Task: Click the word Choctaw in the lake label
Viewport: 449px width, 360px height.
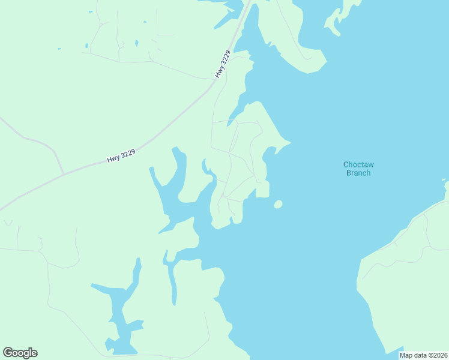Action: tap(358, 164)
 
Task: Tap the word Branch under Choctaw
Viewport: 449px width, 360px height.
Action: tap(358, 173)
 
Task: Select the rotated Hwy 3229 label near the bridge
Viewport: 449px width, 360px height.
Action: tap(222, 64)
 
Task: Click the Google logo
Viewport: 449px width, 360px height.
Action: tap(20, 353)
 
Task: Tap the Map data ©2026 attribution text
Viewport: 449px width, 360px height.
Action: tap(423, 355)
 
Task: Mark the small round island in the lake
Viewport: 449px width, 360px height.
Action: tap(277, 205)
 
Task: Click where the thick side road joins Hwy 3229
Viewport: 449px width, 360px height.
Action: tap(64, 175)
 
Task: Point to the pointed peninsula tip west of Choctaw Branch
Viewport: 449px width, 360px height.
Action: tap(289, 143)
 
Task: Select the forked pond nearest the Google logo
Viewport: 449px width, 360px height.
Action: tap(120, 312)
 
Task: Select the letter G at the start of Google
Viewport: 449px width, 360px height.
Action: tap(8, 353)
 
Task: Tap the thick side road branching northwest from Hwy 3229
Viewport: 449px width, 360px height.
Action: tap(42, 144)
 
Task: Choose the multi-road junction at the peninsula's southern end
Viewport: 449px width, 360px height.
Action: tap(223, 196)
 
